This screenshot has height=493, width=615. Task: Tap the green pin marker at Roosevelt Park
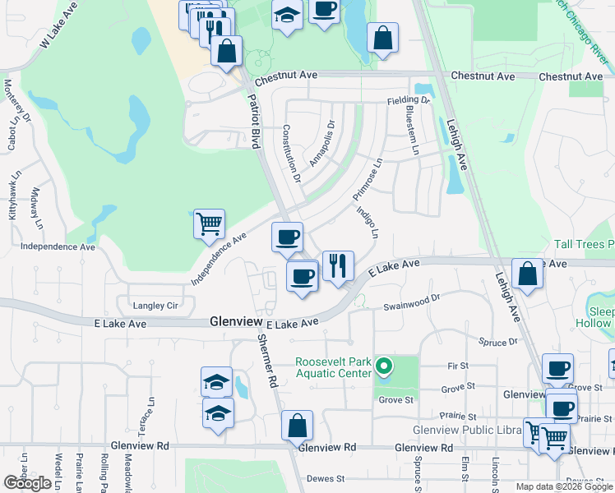click(382, 366)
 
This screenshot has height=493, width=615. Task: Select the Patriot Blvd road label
click(254, 120)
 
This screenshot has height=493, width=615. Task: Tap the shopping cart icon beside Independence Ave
click(209, 223)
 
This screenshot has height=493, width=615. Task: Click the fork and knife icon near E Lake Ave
click(338, 265)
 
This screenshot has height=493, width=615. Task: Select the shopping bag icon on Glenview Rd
click(297, 426)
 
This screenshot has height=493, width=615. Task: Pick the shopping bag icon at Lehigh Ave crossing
click(526, 274)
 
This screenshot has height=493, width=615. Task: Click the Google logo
click(28, 483)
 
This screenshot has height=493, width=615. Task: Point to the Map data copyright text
click(564, 486)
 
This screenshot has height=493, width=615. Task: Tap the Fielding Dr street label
click(409, 100)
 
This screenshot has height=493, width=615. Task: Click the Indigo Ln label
click(368, 222)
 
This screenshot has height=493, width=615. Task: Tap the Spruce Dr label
click(501, 341)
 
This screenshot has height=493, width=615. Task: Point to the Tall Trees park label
click(584, 244)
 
